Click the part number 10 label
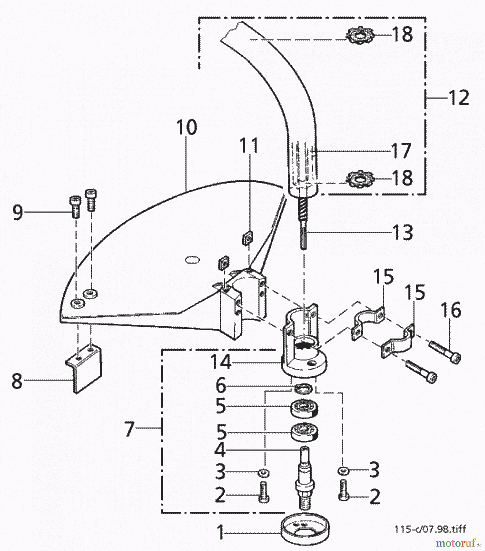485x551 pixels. (x=187, y=127)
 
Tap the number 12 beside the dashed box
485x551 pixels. (x=459, y=98)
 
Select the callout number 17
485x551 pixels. (x=401, y=151)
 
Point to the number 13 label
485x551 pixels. (x=403, y=232)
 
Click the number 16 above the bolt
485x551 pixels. (x=451, y=310)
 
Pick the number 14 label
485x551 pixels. (x=221, y=362)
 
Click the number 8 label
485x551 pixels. (x=17, y=381)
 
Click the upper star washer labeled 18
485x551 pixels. (x=360, y=35)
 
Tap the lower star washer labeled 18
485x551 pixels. (x=360, y=178)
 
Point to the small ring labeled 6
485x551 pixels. (x=303, y=389)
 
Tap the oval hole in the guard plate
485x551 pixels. (x=192, y=260)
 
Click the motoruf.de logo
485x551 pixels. (x=458, y=543)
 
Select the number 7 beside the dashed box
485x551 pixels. (x=129, y=429)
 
